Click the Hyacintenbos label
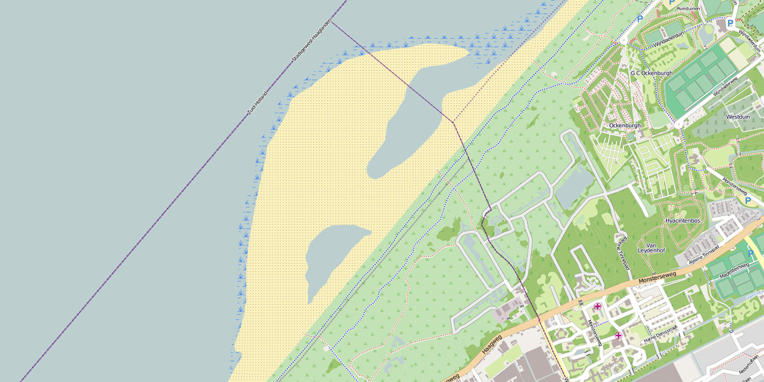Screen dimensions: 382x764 (683, 220)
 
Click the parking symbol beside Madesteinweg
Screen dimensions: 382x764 (751, 254)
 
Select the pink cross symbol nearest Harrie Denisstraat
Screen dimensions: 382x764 (618, 336)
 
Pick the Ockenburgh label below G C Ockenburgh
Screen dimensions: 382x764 (624, 125)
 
